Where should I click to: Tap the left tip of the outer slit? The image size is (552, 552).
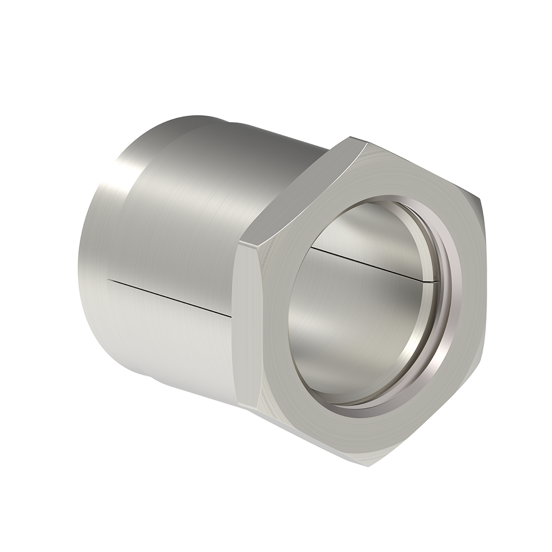coord(109,279)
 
